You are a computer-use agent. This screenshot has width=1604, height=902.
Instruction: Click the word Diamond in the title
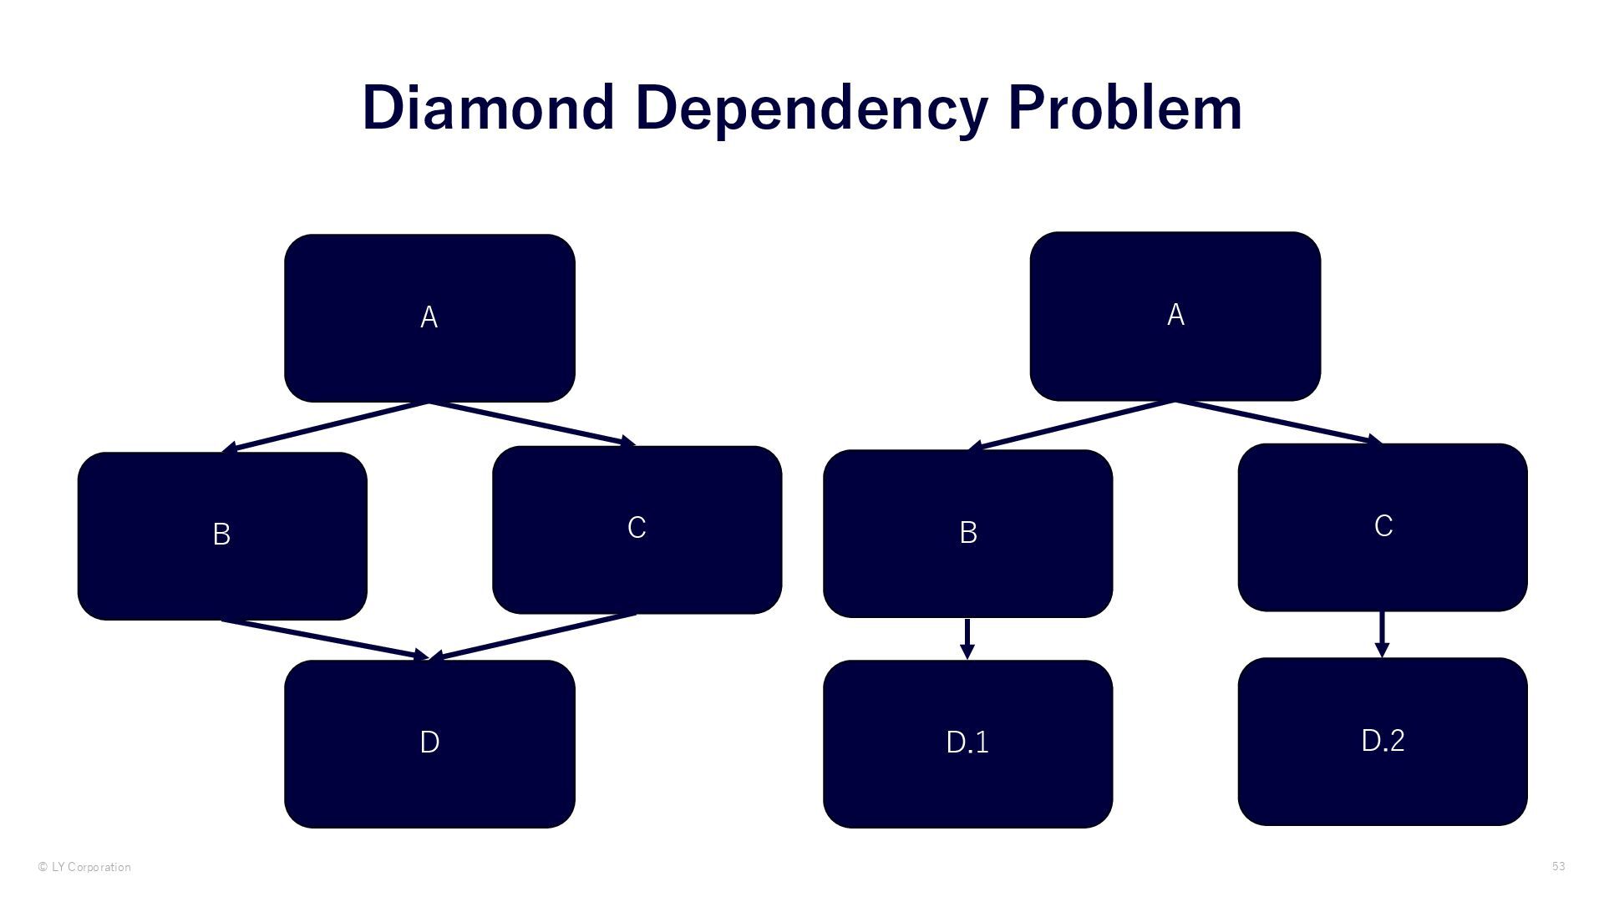(488, 109)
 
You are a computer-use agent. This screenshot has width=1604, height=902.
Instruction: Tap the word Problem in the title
(1125, 109)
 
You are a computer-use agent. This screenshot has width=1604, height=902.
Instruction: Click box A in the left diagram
(429, 318)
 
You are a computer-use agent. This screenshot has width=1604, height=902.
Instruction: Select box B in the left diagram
(222, 535)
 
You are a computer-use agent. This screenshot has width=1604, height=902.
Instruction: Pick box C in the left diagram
(637, 530)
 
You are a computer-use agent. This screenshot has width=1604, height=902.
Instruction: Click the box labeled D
(429, 743)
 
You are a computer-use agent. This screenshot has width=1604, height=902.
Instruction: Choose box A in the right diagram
(1175, 316)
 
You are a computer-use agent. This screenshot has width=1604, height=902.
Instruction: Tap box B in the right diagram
(967, 533)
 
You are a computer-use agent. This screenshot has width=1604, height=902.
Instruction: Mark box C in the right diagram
(1383, 527)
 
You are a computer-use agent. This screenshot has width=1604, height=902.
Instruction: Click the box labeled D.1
(967, 743)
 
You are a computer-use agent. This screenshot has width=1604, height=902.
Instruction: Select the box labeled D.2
(1383, 741)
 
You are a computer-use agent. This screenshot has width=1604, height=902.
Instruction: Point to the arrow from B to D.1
(967, 638)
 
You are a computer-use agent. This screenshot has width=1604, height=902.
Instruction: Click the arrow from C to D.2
(1382, 634)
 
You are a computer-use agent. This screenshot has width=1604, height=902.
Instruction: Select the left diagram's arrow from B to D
(326, 639)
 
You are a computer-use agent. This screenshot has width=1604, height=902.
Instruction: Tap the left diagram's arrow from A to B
(326, 428)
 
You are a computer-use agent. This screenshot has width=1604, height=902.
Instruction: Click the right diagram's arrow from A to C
(1278, 423)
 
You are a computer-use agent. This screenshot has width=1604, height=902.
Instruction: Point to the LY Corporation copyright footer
(84, 867)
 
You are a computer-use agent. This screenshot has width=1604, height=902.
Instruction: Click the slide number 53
(1558, 866)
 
